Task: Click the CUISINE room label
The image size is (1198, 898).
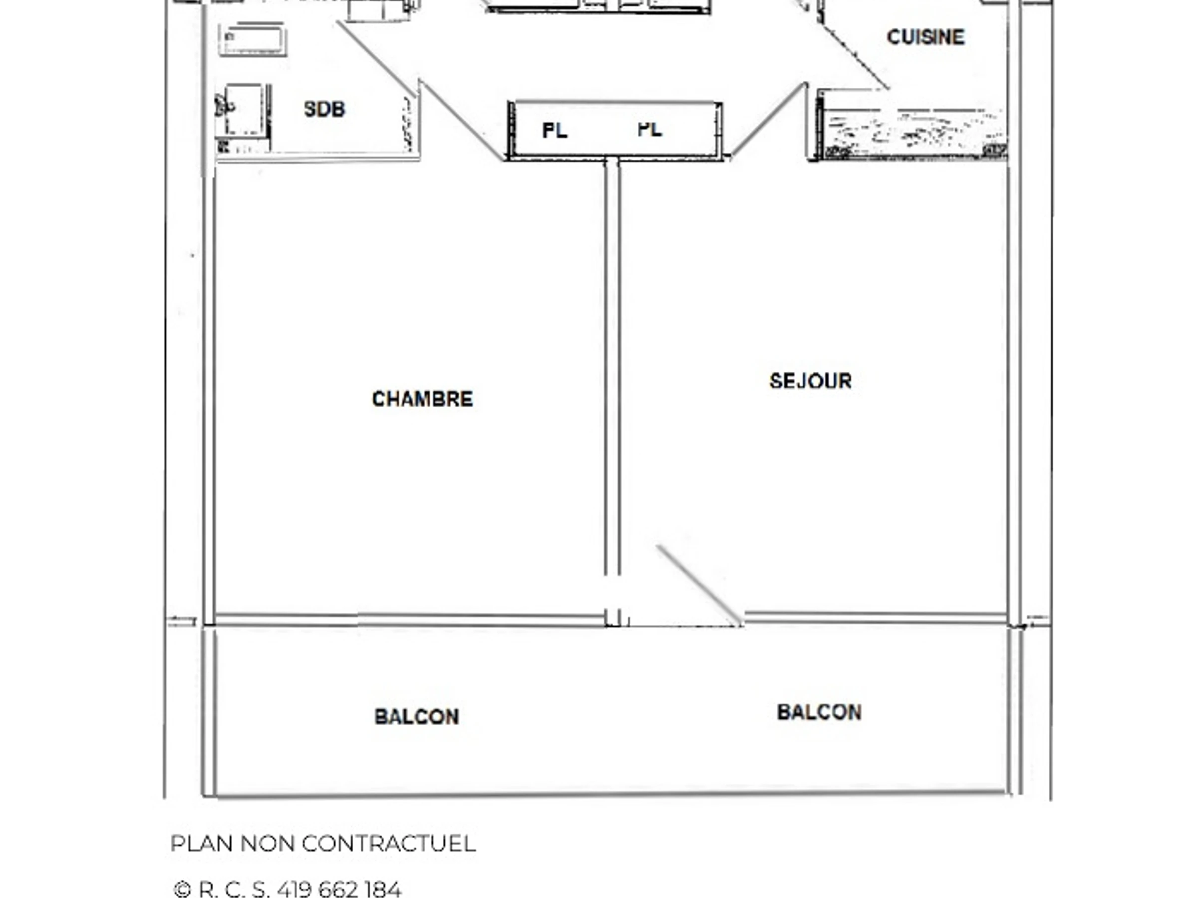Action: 925,37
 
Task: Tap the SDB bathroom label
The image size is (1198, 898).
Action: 324,109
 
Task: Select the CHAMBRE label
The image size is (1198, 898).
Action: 422,399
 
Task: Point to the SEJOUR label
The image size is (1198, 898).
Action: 810,381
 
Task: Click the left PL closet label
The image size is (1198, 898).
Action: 555,130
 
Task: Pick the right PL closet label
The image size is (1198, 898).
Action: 650,129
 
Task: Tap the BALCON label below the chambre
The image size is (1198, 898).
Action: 416,717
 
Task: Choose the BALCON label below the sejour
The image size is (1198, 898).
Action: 819,712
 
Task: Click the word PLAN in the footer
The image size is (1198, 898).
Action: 202,843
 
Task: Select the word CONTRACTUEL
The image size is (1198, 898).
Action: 388,843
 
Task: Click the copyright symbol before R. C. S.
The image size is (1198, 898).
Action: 182,890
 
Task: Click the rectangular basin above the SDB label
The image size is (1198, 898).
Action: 253,39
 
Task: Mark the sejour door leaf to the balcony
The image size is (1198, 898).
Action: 699,585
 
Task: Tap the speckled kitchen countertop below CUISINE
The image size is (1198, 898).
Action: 913,134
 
